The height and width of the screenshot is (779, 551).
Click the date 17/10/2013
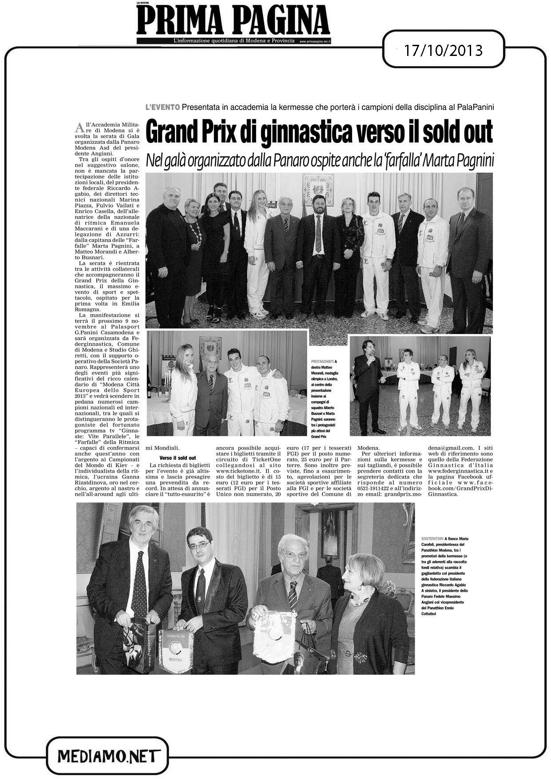(x=443, y=50)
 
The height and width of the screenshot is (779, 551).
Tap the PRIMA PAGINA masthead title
(x=233, y=21)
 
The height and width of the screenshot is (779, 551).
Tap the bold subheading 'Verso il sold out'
(x=178, y=458)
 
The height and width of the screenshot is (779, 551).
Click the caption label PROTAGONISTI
(x=323, y=362)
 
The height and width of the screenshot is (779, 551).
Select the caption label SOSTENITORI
(x=432, y=538)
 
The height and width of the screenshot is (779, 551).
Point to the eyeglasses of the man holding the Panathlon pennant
(x=199, y=544)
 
